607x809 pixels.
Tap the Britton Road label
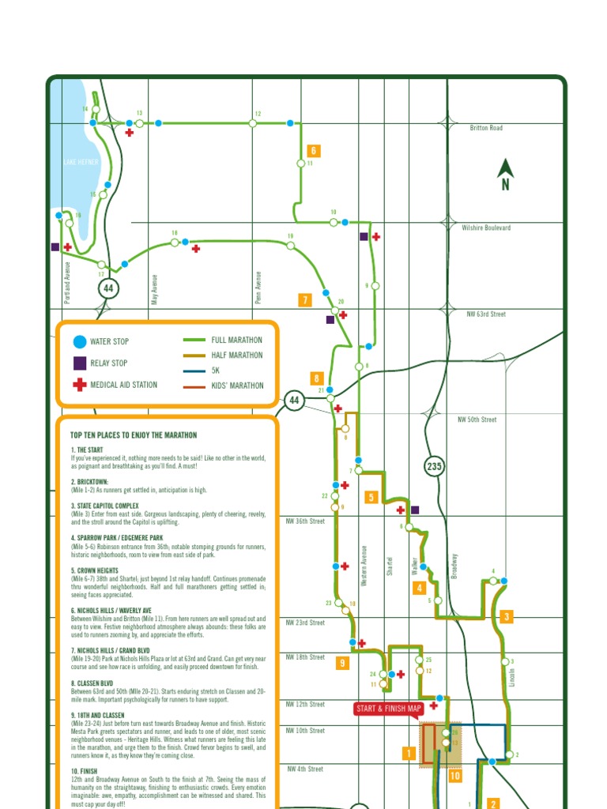(486, 128)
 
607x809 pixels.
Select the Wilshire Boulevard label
(486, 228)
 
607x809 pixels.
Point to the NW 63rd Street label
(486, 314)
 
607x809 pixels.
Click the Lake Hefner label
(81, 162)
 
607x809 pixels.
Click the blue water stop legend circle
(79, 342)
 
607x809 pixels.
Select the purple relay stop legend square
(79, 363)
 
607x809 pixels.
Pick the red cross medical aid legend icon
(79, 385)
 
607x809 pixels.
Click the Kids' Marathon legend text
(237, 386)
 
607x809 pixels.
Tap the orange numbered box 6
(313, 151)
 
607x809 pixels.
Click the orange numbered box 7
(305, 299)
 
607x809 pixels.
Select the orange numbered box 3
(507, 616)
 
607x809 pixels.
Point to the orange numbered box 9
(343, 663)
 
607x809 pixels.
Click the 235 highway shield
(434, 466)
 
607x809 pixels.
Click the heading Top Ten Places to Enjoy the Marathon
(134, 435)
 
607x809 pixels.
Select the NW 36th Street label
(306, 521)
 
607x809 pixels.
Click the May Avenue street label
(155, 289)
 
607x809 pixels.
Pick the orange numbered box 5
(370, 497)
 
